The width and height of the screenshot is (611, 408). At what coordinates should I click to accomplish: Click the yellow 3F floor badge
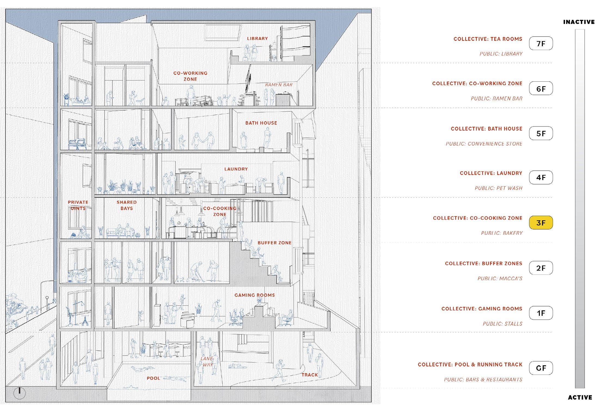(541, 223)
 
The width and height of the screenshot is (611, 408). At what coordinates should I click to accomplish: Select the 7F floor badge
(541, 44)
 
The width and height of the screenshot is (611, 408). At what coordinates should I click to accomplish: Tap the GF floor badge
(541, 368)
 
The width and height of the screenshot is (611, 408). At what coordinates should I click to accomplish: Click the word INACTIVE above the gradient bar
(579, 22)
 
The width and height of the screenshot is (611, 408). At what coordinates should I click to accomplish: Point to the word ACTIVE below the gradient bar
(580, 397)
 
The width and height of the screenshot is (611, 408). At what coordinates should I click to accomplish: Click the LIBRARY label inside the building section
(257, 39)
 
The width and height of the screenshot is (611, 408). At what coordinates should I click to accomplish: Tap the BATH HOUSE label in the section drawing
(261, 123)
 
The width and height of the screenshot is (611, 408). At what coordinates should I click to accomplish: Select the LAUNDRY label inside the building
(236, 169)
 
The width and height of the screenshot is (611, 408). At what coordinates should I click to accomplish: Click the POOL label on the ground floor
(153, 378)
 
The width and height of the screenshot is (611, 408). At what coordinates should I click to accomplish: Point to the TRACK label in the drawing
(310, 375)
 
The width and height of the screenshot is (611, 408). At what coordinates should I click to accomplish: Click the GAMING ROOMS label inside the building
(254, 295)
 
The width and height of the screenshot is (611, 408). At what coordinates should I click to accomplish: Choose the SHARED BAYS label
(127, 205)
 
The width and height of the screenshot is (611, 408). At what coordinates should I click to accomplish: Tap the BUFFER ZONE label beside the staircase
(274, 243)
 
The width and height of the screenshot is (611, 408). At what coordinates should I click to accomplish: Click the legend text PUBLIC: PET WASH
(498, 188)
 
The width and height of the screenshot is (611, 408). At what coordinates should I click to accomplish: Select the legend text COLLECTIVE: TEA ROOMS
(488, 39)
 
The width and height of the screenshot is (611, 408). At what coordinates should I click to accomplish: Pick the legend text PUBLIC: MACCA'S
(500, 278)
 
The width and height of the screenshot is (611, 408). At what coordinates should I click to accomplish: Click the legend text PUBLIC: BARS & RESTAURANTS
(483, 379)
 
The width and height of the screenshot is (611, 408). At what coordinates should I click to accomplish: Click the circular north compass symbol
(20, 393)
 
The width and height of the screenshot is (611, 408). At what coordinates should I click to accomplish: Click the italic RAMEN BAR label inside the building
(279, 85)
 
